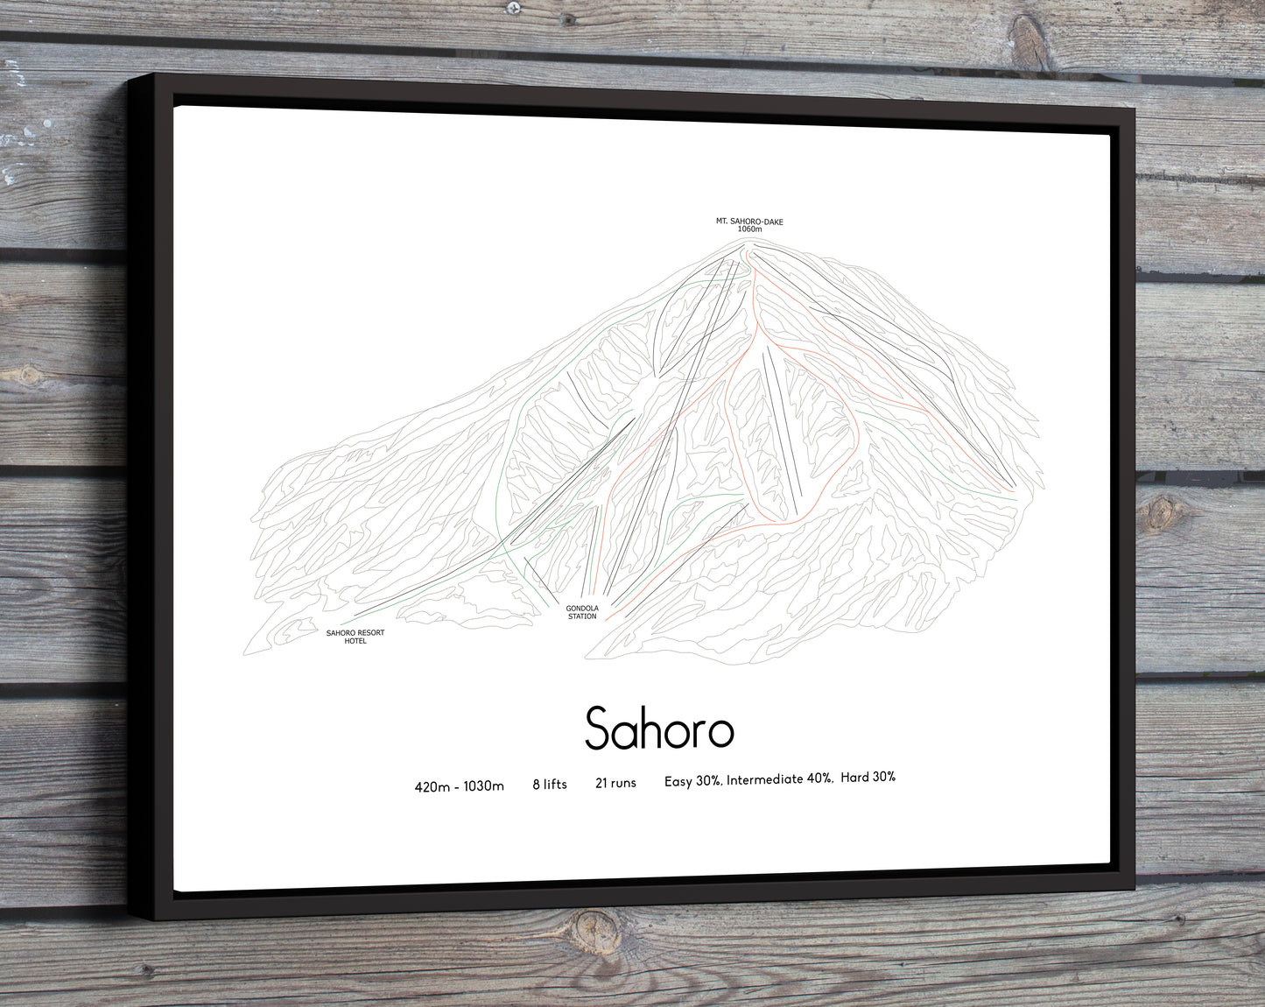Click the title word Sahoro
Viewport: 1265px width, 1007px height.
point(658,728)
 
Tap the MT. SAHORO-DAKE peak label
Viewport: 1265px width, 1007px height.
point(749,222)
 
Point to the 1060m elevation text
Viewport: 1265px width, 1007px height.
point(749,229)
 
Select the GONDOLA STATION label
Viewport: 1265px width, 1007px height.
point(581,612)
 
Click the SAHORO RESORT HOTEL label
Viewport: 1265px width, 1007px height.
point(355,637)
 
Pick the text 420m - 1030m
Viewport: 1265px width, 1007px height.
point(459,786)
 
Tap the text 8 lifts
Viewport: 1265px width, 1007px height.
point(550,785)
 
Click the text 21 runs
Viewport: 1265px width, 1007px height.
point(615,783)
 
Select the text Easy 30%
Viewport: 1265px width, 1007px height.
point(692,781)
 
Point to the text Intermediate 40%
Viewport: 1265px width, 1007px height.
point(779,779)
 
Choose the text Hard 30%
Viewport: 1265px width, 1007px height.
point(868,777)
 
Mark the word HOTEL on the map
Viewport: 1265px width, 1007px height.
point(355,641)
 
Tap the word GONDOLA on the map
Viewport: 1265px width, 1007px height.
point(581,608)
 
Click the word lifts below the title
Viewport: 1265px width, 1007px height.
point(555,785)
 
